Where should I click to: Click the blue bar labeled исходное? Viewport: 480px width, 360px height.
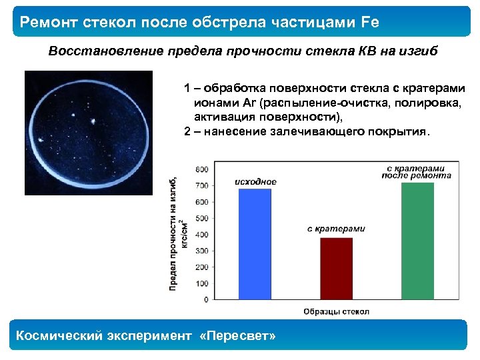255,243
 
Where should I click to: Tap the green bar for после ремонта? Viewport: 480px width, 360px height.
417,240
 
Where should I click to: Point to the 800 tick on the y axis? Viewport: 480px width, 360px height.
201,169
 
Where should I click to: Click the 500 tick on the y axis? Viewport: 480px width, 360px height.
201,218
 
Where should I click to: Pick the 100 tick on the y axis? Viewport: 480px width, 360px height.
201,283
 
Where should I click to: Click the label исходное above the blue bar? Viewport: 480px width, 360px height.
255,181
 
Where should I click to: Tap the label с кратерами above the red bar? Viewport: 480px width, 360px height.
336,229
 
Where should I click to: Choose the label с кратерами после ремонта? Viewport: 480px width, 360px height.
417,171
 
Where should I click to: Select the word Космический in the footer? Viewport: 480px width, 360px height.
57,335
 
